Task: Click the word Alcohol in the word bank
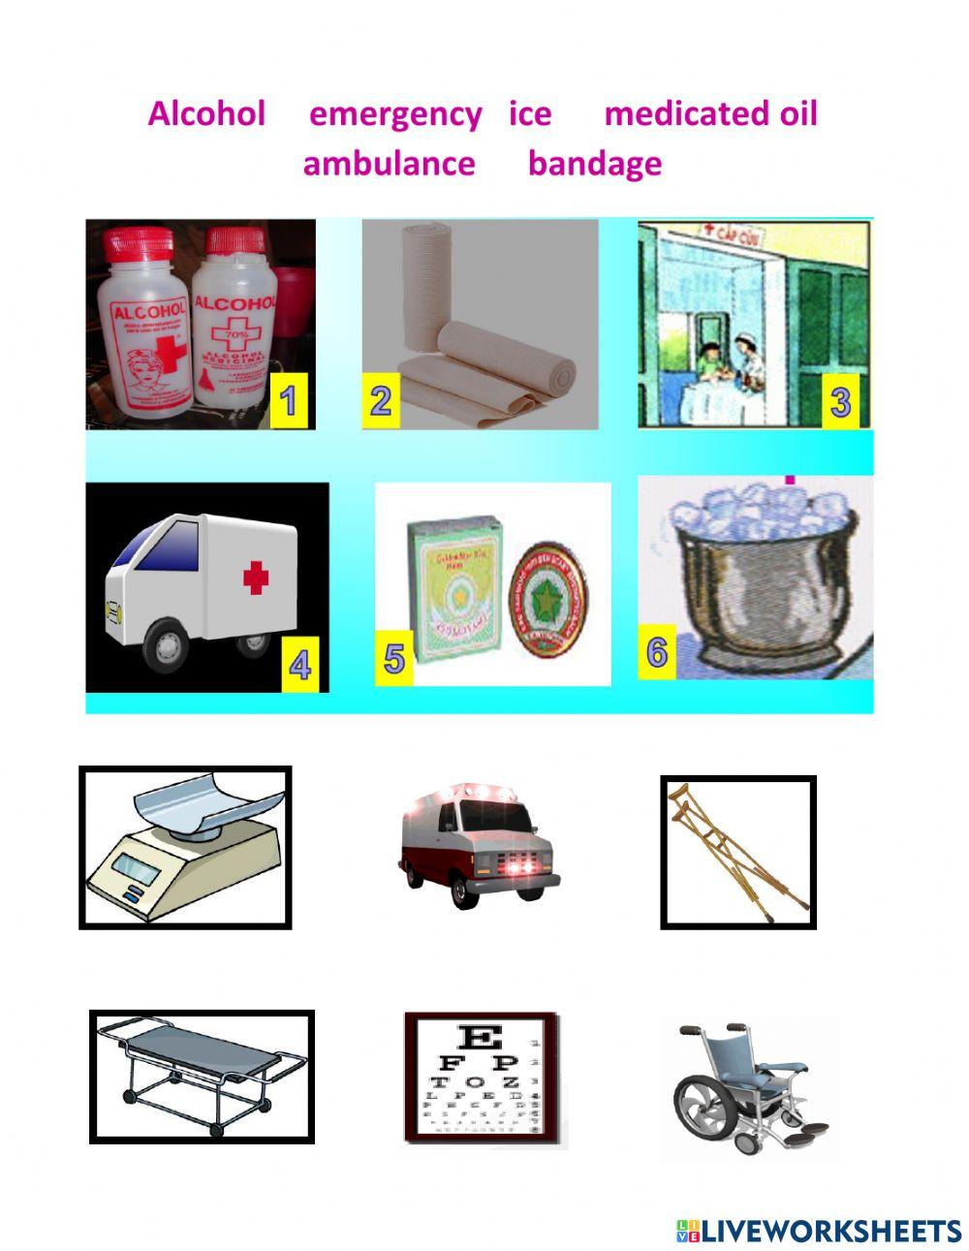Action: [206, 113]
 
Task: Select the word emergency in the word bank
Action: [395, 114]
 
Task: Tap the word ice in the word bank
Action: [530, 113]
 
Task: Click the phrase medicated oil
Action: [710, 113]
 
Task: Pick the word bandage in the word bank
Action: [594, 163]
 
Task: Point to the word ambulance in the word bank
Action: [389, 163]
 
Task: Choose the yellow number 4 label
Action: [300, 667]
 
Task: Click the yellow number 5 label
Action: [394, 658]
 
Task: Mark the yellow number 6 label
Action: [657, 652]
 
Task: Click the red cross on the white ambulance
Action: [256, 579]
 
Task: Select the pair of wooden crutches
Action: [738, 851]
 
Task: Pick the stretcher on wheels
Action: [201, 1076]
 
